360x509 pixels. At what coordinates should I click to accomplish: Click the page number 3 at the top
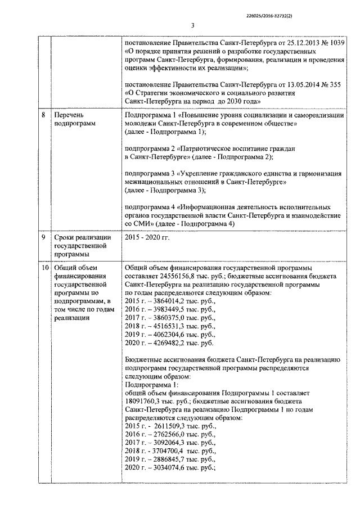pos(192,25)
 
